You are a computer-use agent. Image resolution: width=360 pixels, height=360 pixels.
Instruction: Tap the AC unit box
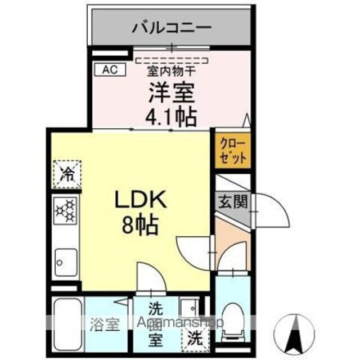click(110, 70)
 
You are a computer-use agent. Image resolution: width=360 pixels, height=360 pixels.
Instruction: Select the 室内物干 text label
click(172, 72)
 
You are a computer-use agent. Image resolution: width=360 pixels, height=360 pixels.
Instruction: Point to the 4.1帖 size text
click(172, 116)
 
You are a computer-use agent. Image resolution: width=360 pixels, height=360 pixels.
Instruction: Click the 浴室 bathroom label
click(105, 325)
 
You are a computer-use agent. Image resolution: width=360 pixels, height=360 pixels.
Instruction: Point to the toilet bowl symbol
click(233, 319)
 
